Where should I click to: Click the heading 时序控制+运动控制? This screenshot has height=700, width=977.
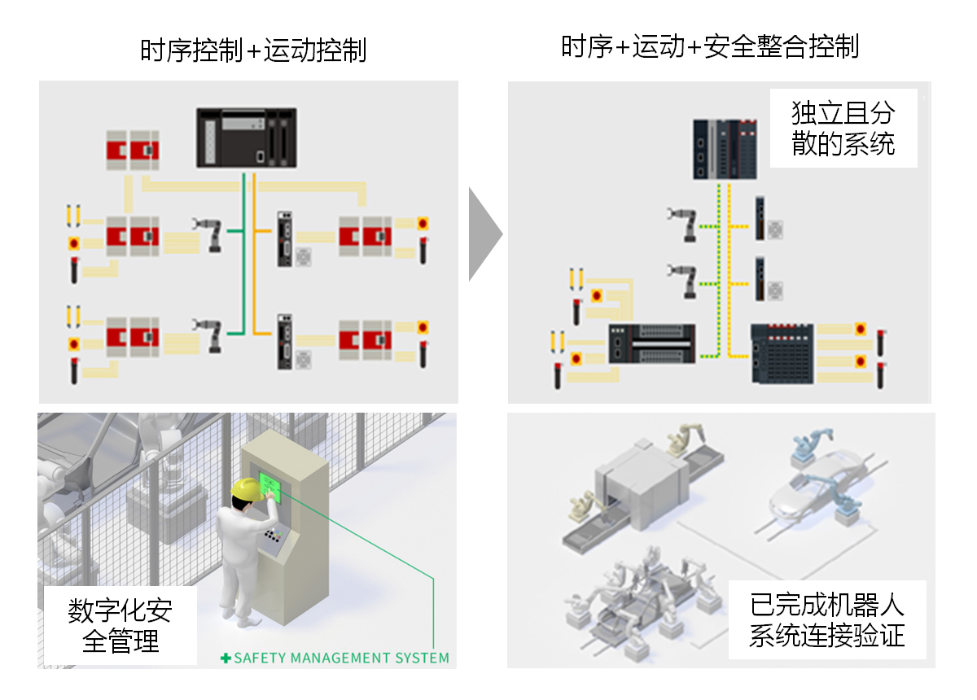253,50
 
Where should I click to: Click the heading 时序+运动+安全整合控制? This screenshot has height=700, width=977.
709,47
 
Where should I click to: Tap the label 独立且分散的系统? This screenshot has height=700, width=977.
843,128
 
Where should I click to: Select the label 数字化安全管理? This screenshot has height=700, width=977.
120,626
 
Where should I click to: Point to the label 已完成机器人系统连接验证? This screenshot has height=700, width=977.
826,619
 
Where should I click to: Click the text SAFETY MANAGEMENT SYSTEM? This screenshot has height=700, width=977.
341,658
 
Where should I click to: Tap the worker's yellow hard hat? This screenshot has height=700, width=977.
245,488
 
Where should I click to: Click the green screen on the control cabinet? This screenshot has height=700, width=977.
269,485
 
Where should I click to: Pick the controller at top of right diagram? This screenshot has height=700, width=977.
725,149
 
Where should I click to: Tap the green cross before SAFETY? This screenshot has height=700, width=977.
226,658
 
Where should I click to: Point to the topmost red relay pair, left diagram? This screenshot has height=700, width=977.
132,150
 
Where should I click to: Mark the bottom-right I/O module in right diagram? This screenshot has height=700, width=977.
782,353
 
